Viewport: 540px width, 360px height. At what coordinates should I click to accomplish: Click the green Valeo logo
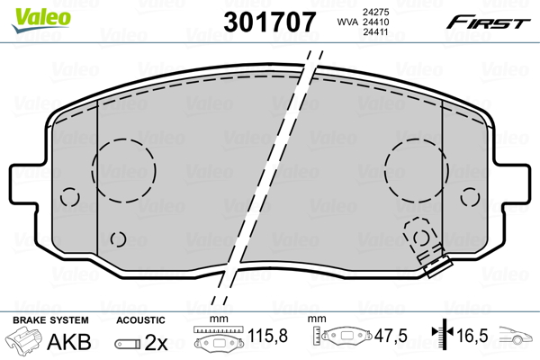click(x=41, y=20)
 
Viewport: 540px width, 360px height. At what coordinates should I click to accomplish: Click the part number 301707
click(x=270, y=22)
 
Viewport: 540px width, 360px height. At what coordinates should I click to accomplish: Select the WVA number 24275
click(x=375, y=12)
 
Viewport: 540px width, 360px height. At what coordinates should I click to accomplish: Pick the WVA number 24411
click(x=375, y=32)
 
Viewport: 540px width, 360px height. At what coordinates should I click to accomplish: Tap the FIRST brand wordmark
click(x=489, y=22)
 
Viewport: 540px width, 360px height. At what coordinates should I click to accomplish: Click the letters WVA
click(x=347, y=22)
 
